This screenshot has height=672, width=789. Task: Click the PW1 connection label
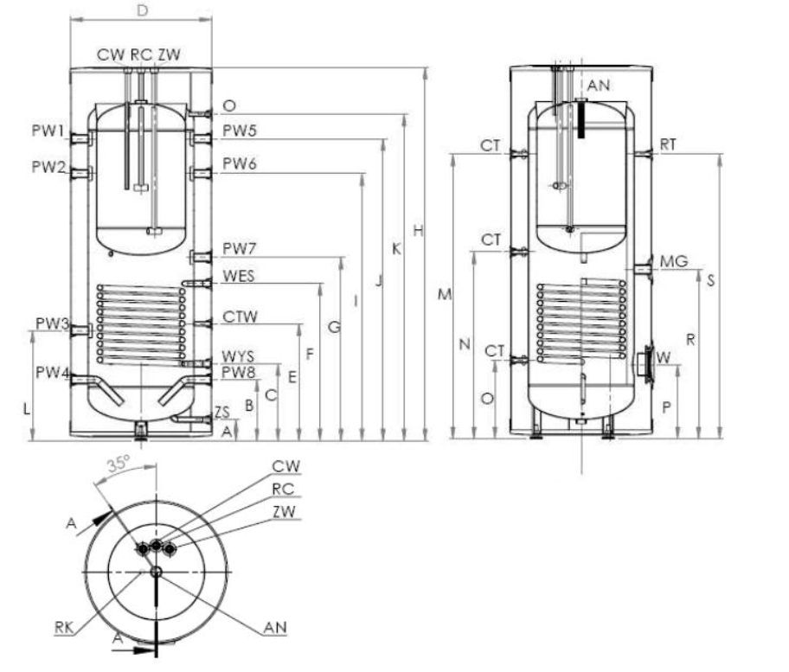tap(50, 131)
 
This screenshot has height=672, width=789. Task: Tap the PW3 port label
tap(52, 323)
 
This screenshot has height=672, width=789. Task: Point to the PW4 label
tap(52, 372)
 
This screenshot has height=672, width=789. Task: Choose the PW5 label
tap(239, 131)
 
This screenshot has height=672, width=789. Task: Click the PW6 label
tap(239, 163)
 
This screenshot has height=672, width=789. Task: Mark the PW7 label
tap(239, 249)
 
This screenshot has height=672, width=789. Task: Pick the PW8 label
tap(239, 373)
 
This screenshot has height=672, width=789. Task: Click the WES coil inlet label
tap(239, 276)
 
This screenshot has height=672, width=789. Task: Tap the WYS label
tap(239, 356)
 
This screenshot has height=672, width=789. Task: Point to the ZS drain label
tap(222, 412)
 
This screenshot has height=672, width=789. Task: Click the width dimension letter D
tap(143, 10)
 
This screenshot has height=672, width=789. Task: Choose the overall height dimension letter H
tap(418, 231)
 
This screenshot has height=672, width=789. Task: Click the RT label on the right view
tap(667, 144)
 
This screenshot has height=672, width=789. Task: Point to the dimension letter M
tap(445, 295)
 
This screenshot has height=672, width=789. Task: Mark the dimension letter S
tap(710, 279)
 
